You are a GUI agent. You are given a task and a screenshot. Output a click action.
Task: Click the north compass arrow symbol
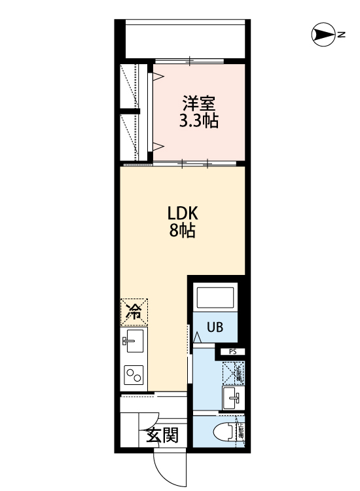(321, 35)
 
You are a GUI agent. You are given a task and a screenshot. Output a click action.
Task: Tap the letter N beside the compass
(341, 35)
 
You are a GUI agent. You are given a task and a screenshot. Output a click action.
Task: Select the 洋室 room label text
(199, 103)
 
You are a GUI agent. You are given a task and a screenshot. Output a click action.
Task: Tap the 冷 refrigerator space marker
(134, 312)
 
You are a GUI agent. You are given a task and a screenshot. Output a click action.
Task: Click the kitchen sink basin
(134, 340)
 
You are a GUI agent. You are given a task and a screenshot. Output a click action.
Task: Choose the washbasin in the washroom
(232, 396)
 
